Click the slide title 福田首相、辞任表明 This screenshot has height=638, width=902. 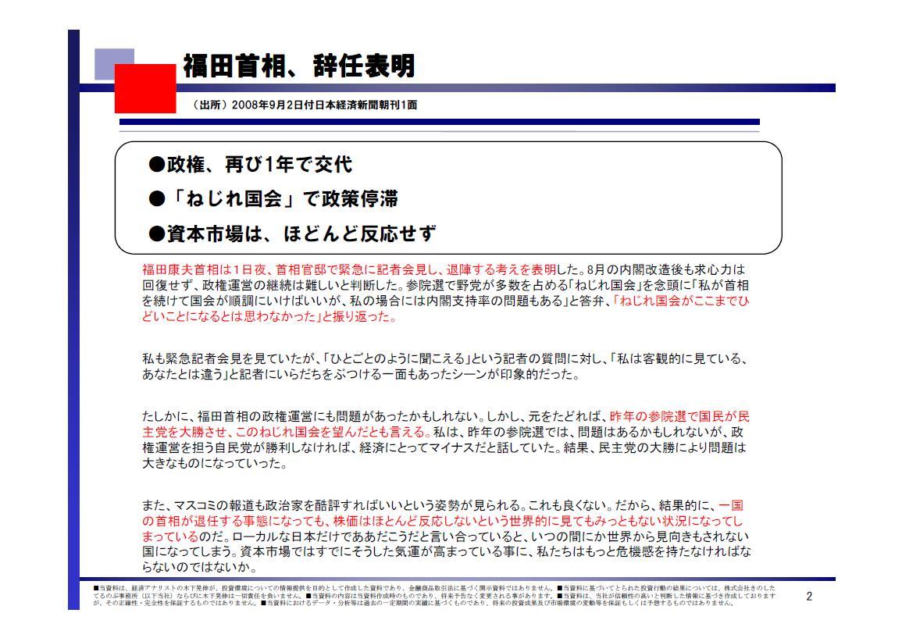point(298,67)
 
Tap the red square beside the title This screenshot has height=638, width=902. point(145,88)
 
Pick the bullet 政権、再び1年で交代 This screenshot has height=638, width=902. point(251,165)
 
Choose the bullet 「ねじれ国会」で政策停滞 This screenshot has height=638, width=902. point(273,199)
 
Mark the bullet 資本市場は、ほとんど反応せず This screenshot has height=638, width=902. point(292,233)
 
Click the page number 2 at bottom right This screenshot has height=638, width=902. point(809,597)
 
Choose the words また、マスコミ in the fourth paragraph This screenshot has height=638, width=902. point(182,506)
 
